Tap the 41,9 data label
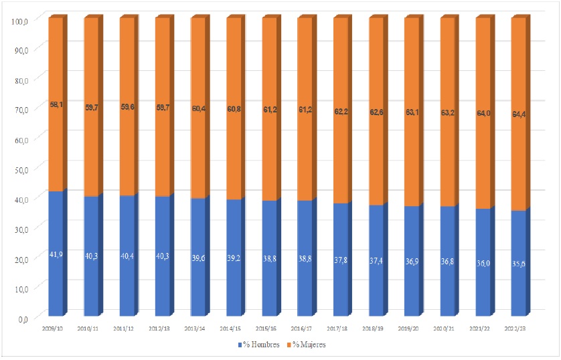(56, 255)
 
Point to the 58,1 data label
(56, 104)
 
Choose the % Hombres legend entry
(258, 345)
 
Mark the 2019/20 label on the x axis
(411, 329)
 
